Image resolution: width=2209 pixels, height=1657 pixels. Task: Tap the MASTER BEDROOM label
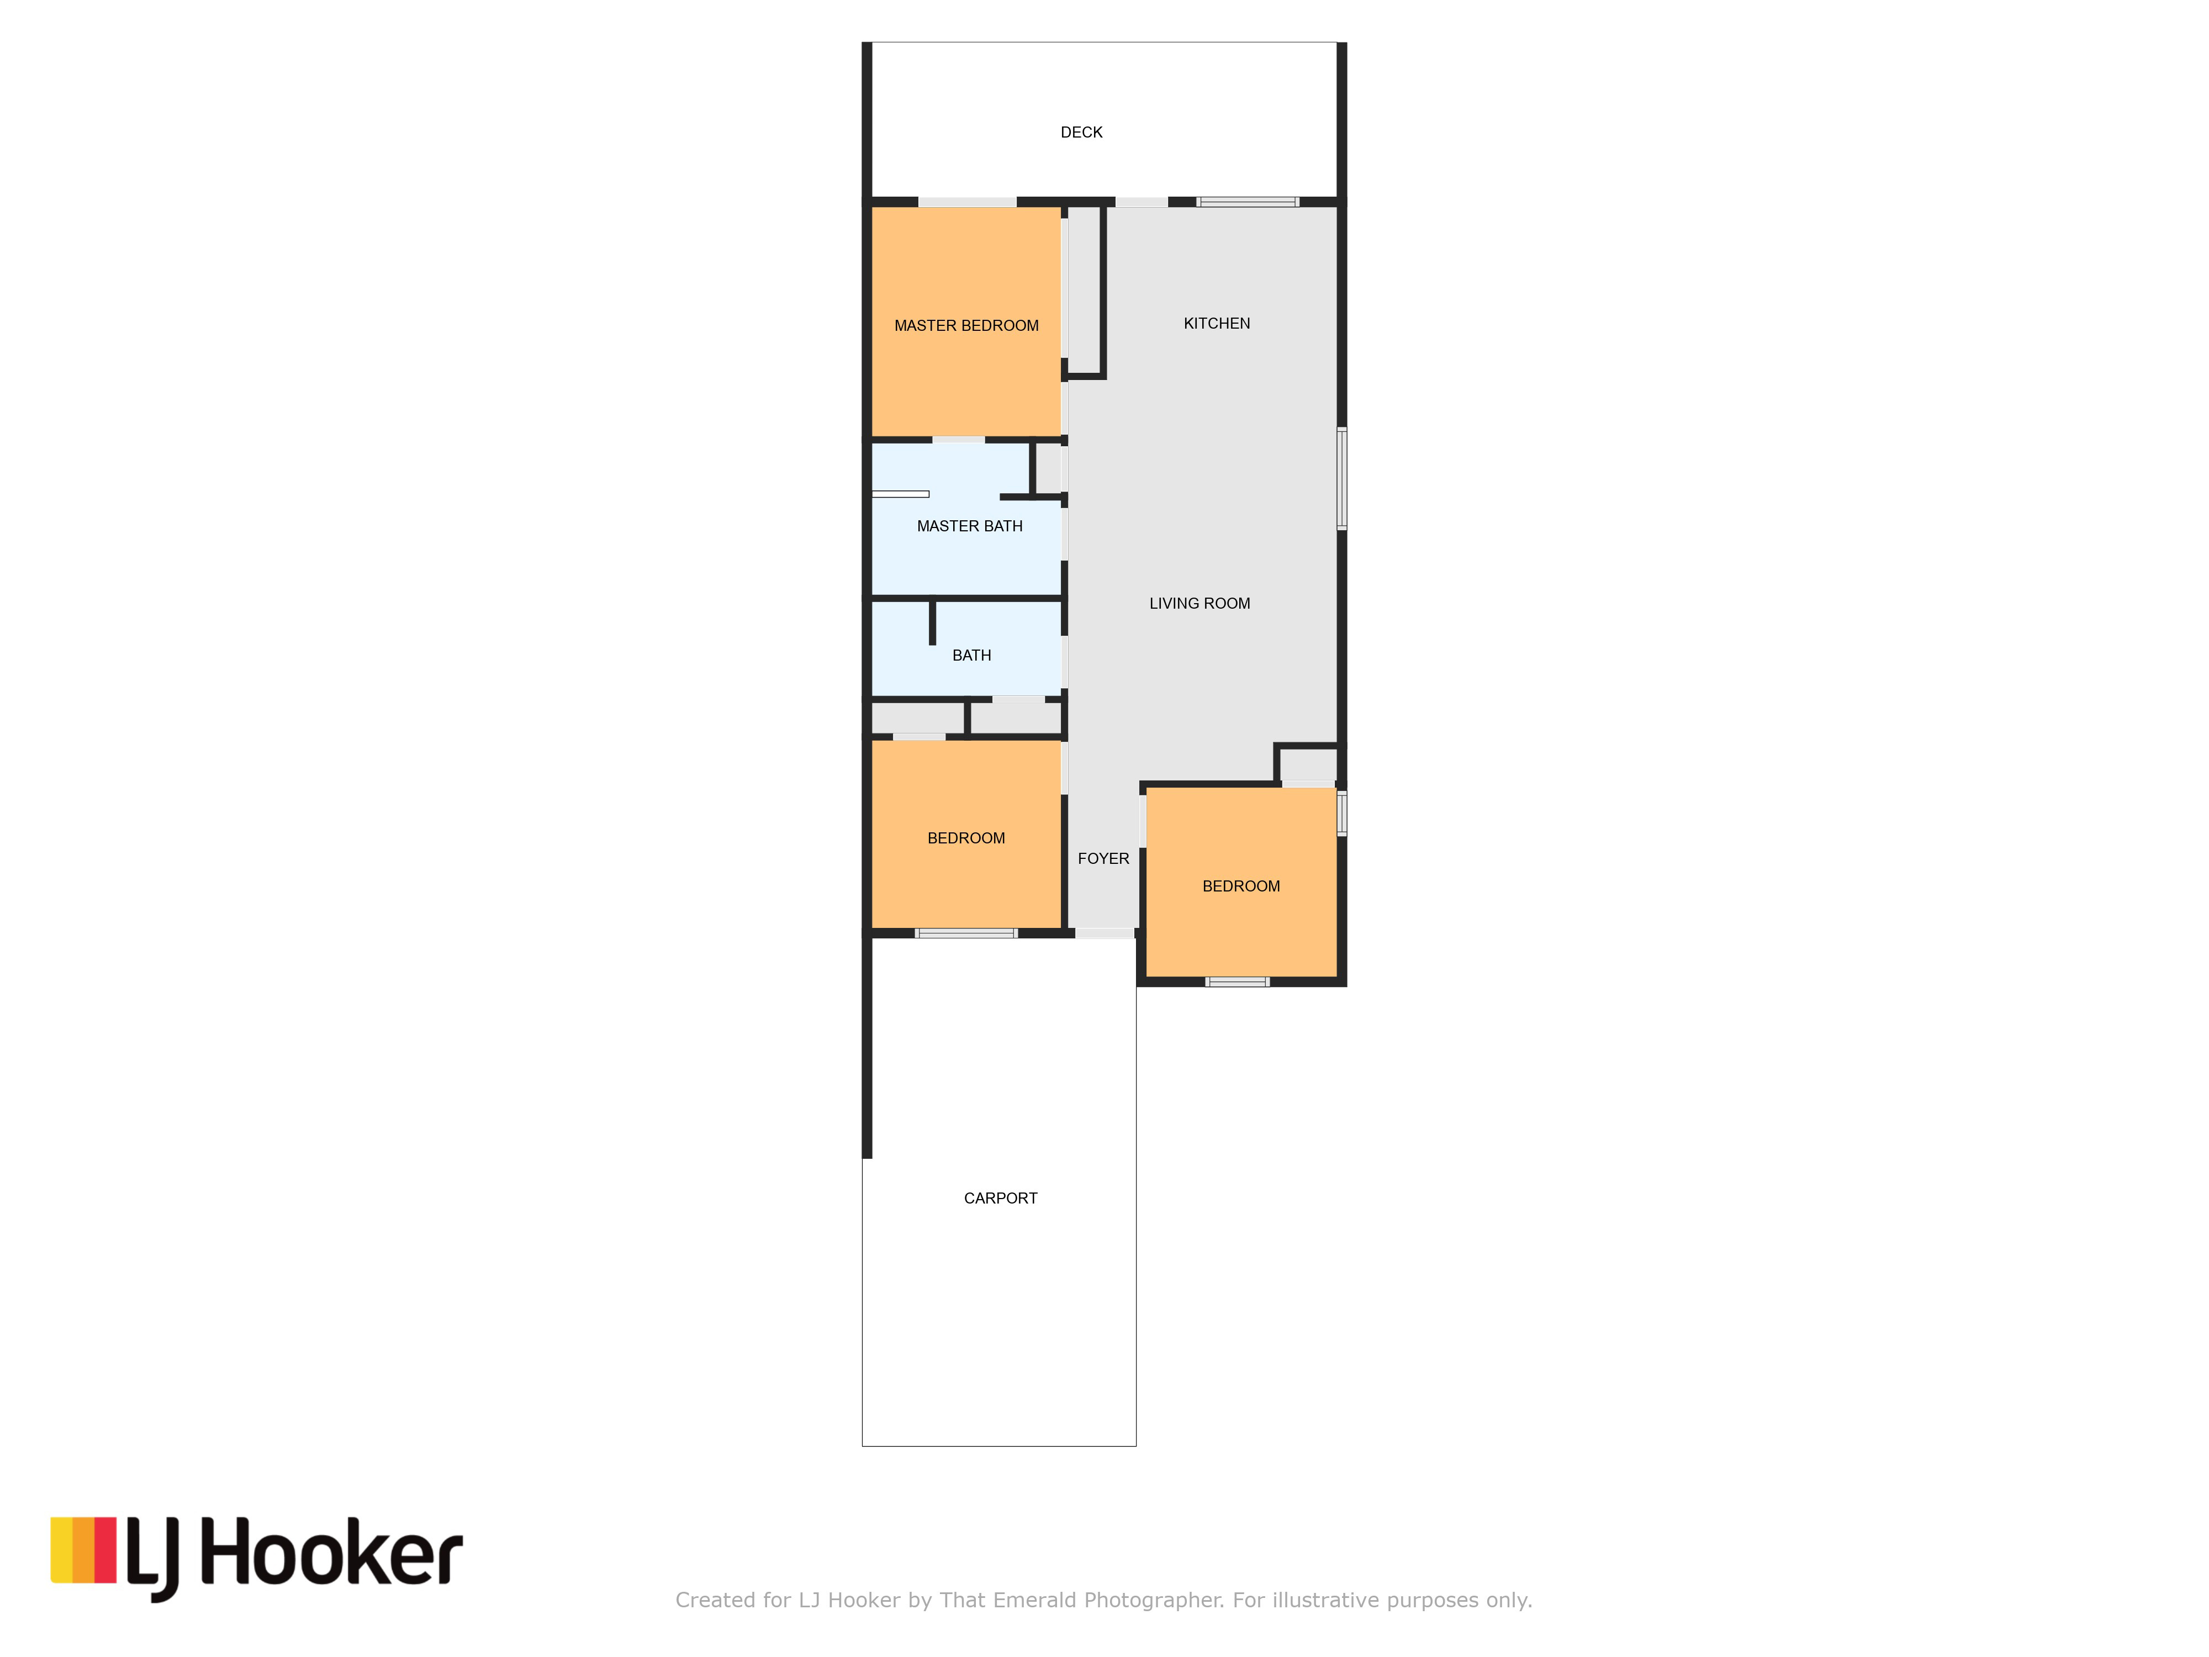pos(966,326)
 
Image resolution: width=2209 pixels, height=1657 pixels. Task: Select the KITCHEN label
pos(1217,324)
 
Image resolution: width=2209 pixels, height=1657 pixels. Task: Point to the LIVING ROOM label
pos(1199,603)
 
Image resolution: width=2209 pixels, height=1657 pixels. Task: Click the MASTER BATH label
pos(970,526)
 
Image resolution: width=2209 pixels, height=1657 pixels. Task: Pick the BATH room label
pos(971,655)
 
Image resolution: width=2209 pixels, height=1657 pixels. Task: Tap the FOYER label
pos(1103,859)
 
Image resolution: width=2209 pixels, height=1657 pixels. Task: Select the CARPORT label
pos(1001,1199)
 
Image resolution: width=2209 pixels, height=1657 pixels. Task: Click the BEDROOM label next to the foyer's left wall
pos(966,838)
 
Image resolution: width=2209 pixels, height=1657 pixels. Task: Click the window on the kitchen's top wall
pos(1248,202)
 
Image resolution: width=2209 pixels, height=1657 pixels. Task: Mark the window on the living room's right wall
pos(1342,478)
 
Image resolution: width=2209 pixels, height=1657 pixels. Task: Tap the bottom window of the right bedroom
pos(1238,982)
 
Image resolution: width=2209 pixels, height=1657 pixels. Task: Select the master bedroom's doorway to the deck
pos(966,202)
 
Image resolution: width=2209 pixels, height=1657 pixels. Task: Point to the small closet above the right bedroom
pos(1308,764)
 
